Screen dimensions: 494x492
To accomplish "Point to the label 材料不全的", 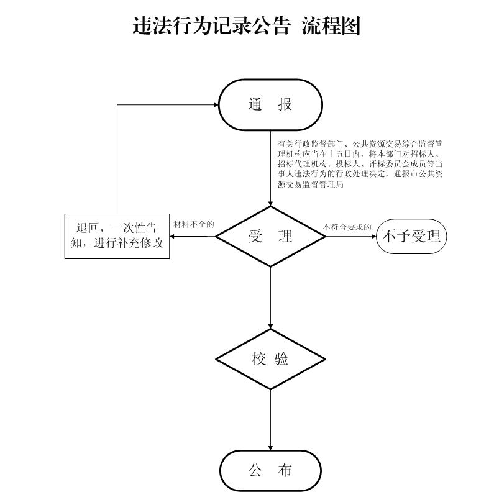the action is (x=194, y=224).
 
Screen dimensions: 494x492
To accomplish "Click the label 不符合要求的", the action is (x=347, y=227).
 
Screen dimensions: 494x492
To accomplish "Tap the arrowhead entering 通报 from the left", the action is (x=216, y=104).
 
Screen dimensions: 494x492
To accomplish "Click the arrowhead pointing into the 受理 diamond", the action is (x=270, y=204).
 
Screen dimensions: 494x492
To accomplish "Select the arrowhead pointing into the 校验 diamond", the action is (x=270, y=327).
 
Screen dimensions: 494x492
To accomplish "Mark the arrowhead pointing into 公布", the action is (x=270, y=448).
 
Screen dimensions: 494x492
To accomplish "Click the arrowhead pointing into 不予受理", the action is (x=374, y=236).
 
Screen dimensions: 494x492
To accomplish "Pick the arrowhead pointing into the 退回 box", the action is (x=172, y=236).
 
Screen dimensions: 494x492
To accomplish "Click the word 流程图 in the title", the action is (x=331, y=26).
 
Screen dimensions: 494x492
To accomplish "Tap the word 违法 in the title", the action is (x=152, y=26).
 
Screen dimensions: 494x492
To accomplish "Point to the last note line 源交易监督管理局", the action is (x=310, y=184).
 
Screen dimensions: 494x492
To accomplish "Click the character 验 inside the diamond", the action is (x=281, y=359).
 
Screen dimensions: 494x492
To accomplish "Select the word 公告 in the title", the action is (x=270, y=26).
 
